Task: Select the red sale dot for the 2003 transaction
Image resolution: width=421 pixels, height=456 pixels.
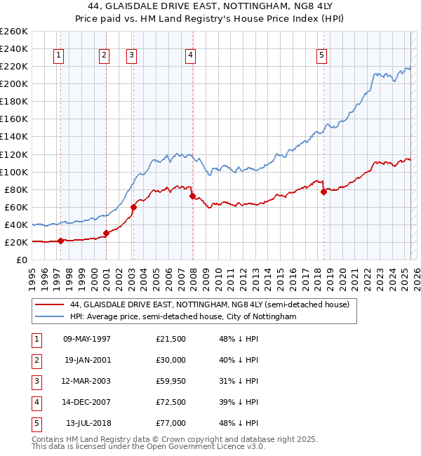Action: click(133, 207)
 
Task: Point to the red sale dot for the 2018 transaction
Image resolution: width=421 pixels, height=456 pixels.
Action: click(323, 192)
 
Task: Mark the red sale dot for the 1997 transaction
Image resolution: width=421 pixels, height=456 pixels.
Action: click(60, 241)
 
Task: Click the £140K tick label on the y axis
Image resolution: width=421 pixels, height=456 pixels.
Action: click(15, 136)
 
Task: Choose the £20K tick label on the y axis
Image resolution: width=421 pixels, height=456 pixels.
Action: click(17, 242)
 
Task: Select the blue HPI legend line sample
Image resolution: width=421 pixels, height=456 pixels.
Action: click(50, 317)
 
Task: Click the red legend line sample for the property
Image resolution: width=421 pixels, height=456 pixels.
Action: click(50, 304)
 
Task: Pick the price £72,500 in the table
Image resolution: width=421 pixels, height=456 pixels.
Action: click(171, 402)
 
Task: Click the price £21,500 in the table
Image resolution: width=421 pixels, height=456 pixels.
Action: click(171, 339)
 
